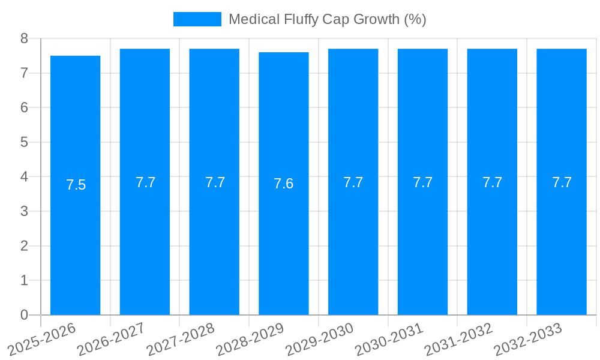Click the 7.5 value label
76,185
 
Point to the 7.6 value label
283,184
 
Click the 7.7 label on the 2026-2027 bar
145,182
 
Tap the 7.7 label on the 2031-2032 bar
492,182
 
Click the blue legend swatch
197,19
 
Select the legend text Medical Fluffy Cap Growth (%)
327,19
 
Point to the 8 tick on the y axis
24,38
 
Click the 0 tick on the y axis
24,315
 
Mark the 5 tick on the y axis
24,142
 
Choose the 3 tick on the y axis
24,211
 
